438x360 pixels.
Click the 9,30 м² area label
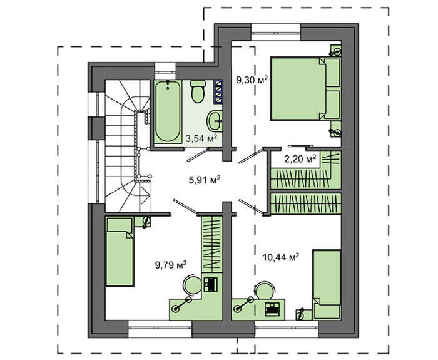pyautogui.click(x=252, y=80)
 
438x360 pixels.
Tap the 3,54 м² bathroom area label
pyautogui.click(x=201, y=138)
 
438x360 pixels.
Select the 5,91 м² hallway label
pyautogui.click(x=205, y=180)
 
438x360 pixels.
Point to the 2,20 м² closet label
pyautogui.click(x=300, y=159)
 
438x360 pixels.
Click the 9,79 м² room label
pyautogui.click(x=171, y=264)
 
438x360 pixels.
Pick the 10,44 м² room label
pyautogui.click(x=281, y=257)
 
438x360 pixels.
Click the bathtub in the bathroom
pyautogui.click(x=168, y=111)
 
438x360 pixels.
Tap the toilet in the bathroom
pyautogui.click(x=198, y=91)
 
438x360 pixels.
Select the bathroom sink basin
pyautogui.click(x=215, y=121)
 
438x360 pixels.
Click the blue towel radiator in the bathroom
pyautogui.click(x=218, y=92)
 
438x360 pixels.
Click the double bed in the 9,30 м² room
pyautogui.click(x=305, y=89)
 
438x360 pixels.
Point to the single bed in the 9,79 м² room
pyautogui.click(x=120, y=252)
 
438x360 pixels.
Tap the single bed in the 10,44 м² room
pyautogui.click(x=327, y=284)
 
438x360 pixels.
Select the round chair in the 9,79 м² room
pyautogui.click(x=193, y=284)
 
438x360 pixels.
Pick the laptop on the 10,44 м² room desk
pyautogui.click(x=272, y=309)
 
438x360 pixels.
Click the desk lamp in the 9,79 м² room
pyautogui.click(x=182, y=304)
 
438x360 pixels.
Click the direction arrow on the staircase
pyautogui.click(x=145, y=195)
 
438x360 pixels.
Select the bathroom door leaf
pyautogui.click(x=198, y=155)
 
